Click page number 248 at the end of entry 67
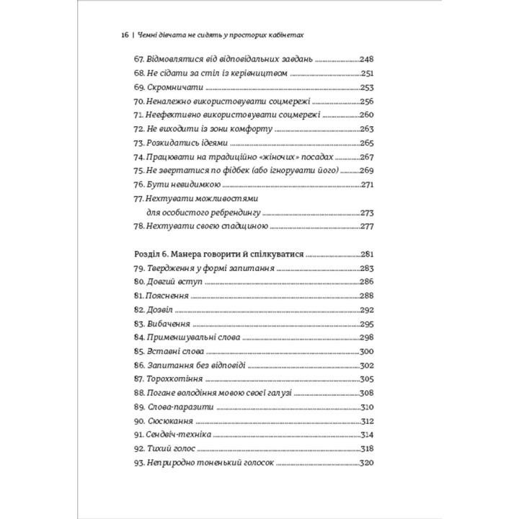pos(368,60)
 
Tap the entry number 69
pos(139,87)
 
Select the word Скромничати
pos(172,87)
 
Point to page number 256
pos(368,102)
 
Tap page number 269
pos(368,171)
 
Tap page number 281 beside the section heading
pos(368,254)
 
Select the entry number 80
pos(139,282)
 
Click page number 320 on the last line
pos(368,463)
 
